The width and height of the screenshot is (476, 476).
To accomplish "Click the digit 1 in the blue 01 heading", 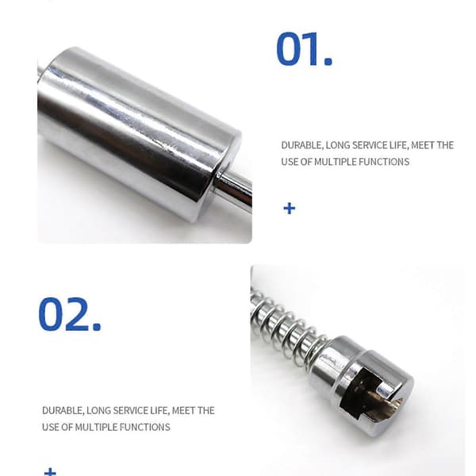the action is [x=312, y=49].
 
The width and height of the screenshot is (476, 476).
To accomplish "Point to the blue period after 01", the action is [x=328, y=62].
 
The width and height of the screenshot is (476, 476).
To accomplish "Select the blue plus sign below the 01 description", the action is [x=289, y=209].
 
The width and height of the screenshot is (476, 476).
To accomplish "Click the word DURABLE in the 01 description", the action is [x=301, y=145].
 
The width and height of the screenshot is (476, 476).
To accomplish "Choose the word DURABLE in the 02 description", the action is [x=62, y=411].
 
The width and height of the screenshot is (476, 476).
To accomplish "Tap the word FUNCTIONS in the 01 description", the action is [x=384, y=162].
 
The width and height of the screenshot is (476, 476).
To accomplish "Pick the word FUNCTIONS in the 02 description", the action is [x=144, y=427].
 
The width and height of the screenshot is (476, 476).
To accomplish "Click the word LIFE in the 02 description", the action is [x=159, y=411].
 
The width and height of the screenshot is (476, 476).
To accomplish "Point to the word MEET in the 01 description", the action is [x=421, y=145].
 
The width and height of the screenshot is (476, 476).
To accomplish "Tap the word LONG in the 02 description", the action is [x=98, y=411].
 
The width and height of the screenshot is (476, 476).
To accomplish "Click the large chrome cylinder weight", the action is [x=140, y=133].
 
